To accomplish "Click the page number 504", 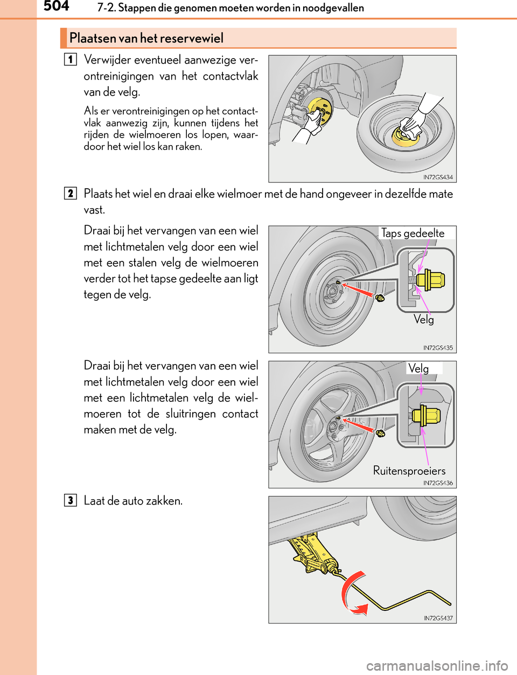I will pyautogui.click(x=56, y=6).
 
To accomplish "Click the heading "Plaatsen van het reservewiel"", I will pyautogui.click(x=146, y=38).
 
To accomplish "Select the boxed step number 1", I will pyautogui.click(x=70, y=59).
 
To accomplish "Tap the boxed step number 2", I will pyautogui.click(x=70, y=193).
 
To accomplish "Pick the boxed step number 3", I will pyautogui.click(x=70, y=500).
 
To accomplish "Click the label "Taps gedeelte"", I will pyautogui.click(x=413, y=233).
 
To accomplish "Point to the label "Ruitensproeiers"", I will pyautogui.click(x=409, y=471).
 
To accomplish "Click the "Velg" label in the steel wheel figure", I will pyautogui.click(x=424, y=319).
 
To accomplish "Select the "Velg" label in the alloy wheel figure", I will pyautogui.click(x=418, y=368).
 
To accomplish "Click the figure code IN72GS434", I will pyautogui.click(x=438, y=177).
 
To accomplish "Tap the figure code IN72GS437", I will pyautogui.click(x=438, y=618).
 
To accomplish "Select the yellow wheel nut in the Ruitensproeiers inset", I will pyautogui.click(x=426, y=416).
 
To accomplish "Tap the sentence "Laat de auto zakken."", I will pyautogui.click(x=133, y=501).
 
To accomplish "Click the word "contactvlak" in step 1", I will pyautogui.click(x=230, y=76).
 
